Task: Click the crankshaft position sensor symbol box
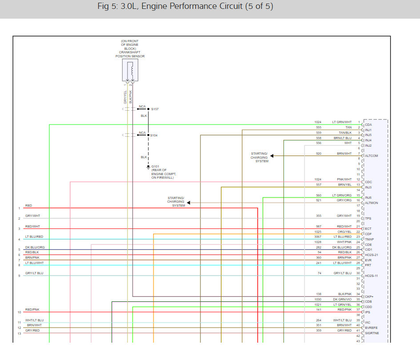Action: [130, 70]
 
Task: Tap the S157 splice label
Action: [155, 109]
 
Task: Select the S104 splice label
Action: [154, 135]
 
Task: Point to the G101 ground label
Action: [155, 166]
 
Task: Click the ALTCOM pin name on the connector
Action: [372, 156]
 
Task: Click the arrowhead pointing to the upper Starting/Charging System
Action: [272, 156]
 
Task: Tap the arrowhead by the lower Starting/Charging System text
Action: [189, 203]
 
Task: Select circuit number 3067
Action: [318, 237]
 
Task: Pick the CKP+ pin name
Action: [369, 296]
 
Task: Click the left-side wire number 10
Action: [19, 312]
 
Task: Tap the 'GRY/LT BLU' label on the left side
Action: [34, 273]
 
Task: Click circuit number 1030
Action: [318, 299]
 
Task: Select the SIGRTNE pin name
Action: [372, 333]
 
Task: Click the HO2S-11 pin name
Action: [372, 276]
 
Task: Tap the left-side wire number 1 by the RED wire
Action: [19, 208]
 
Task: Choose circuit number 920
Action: [319, 153]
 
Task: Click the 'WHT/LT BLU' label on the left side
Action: [34, 320]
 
